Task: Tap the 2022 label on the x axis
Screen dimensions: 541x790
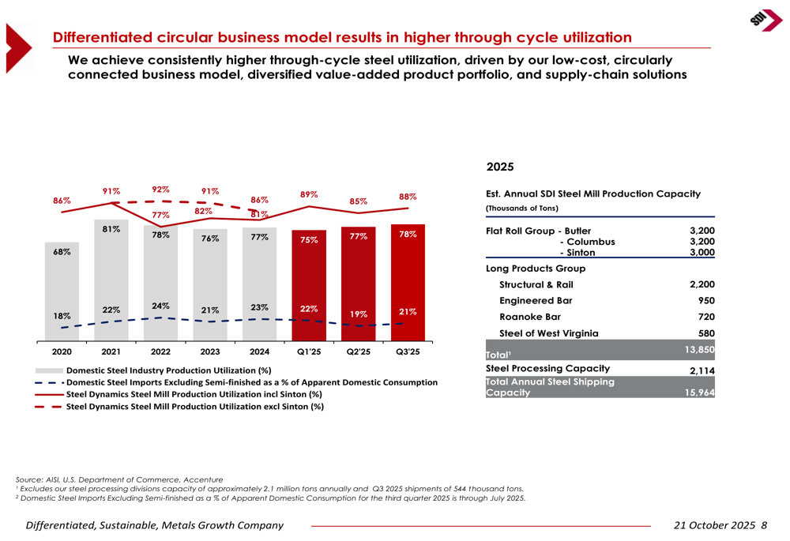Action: pos(160,351)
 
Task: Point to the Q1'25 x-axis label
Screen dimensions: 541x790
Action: pos(309,351)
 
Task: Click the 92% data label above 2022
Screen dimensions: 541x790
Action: pos(161,190)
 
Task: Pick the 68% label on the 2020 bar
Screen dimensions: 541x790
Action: pos(62,252)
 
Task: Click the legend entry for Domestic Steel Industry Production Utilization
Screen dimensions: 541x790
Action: pos(168,370)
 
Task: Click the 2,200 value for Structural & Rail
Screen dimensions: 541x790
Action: pos(702,284)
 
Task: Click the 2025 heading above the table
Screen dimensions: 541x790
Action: pos(500,167)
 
